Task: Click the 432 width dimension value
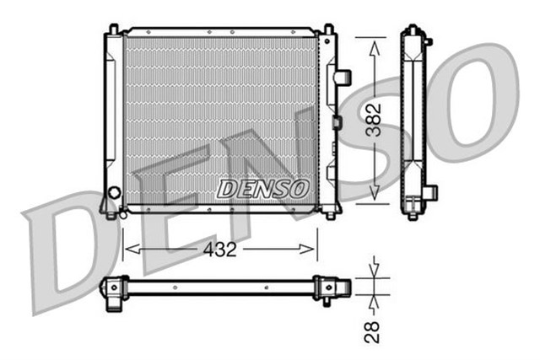220,250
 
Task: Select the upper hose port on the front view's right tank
342,77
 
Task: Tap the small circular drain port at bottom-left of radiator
122,214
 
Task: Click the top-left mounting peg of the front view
111,30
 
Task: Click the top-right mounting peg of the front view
328,30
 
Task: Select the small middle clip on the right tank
337,122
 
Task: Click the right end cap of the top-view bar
327,288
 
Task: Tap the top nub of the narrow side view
413,29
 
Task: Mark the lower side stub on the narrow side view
430,193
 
